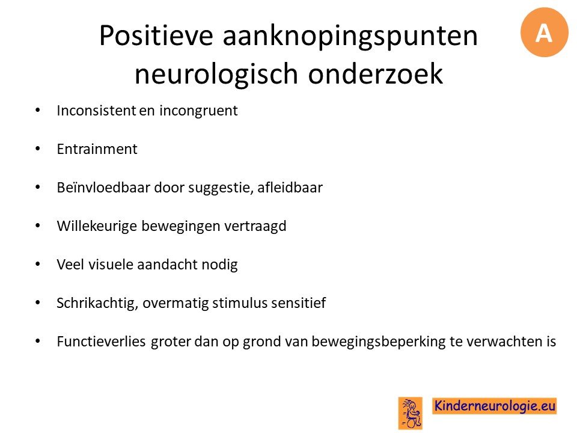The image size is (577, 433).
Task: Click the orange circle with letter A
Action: coord(545,32)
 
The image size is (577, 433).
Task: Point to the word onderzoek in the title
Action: coord(375,73)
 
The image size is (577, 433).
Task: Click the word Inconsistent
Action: coord(96,111)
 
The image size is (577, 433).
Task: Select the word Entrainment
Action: coord(97,149)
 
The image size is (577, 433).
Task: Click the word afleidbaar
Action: coord(290,188)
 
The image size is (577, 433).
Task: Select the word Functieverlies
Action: coord(101,342)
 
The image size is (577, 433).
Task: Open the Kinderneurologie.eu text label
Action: coord(494,406)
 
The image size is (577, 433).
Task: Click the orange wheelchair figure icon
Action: coord(410,413)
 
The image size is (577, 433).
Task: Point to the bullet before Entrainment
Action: coord(37,149)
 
